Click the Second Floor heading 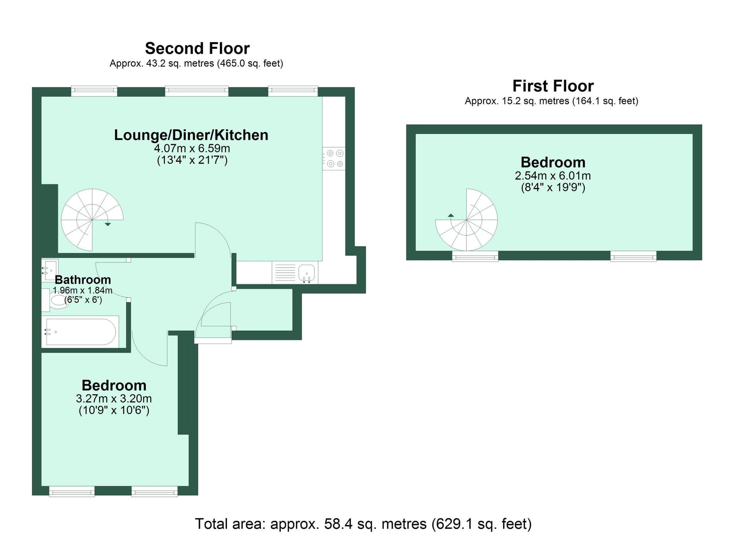tap(197, 48)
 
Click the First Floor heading tap(553, 86)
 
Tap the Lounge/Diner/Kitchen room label tap(191, 135)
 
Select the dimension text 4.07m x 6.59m tap(192, 149)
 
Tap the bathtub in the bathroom tap(81, 332)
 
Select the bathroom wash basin tap(50, 270)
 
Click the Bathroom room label tap(83, 280)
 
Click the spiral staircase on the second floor tap(92, 220)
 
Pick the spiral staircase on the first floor tap(467, 220)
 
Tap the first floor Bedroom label tap(553, 162)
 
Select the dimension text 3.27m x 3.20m tap(114, 399)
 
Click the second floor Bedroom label tap(114, 385)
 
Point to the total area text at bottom tap(363, 524)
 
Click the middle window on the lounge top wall tap(197, 91)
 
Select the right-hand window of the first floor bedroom tap(633, 256)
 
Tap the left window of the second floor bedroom tap(72, 491)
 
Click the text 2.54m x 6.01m tap(553, 176)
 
